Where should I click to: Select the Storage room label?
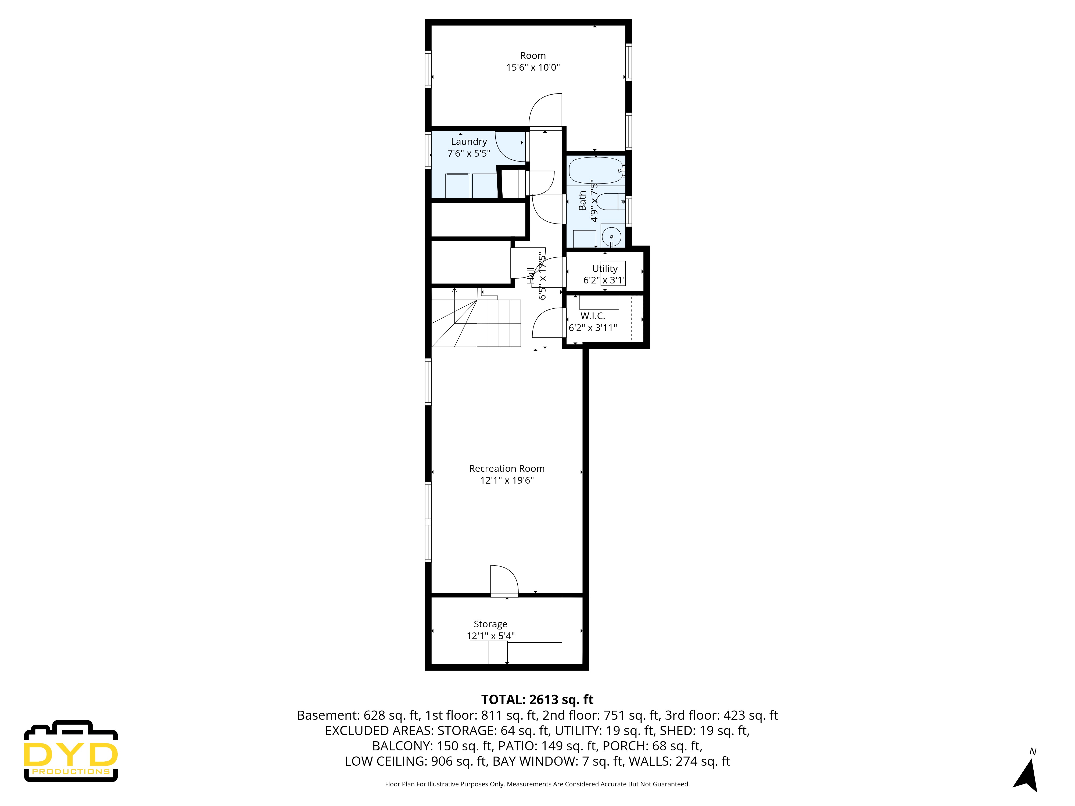[490, 624]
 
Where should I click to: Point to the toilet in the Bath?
[610, 201]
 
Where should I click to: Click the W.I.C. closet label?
[592, 316]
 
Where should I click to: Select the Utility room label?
[605, 269]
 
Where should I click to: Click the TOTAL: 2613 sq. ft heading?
[537, 700]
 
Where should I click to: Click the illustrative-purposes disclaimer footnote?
[537, 784]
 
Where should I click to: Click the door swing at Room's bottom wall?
[545, 111]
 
